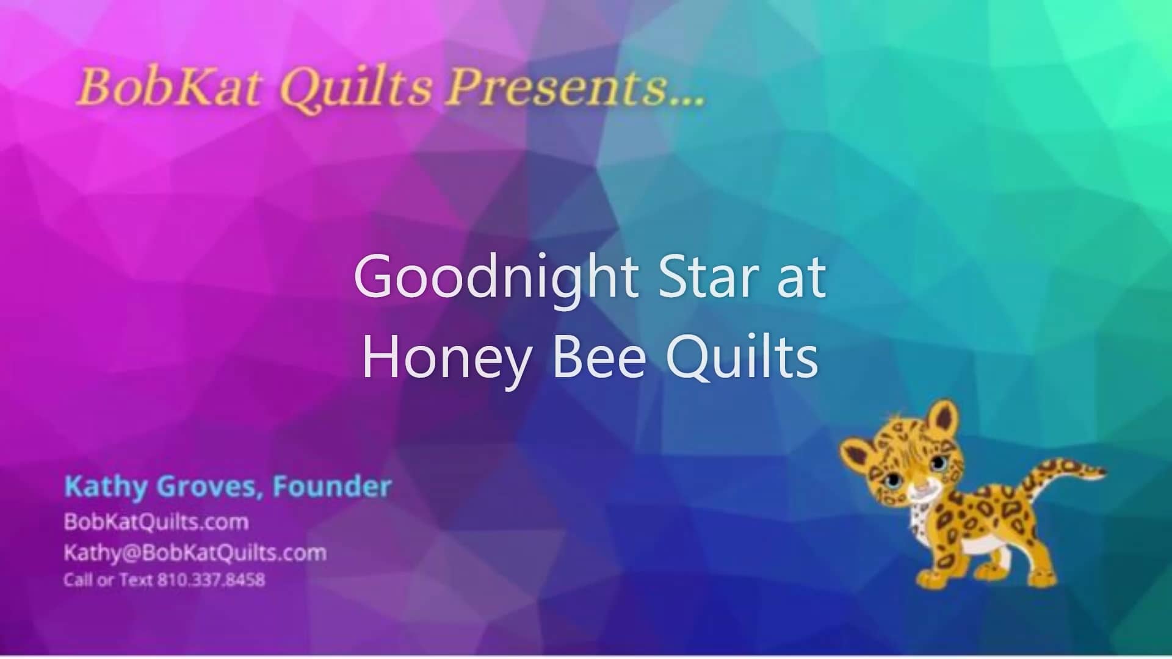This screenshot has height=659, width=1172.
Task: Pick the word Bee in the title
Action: tap(598, 358)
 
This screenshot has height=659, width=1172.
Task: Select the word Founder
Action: tap(332, 487)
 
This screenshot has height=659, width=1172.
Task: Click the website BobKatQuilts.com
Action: tap(156, 522)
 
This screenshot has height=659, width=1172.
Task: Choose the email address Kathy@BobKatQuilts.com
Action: tap(195, 553)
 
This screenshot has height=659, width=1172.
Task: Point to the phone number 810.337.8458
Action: tap(211, 580)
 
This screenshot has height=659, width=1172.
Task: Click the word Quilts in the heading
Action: tap(356, 87)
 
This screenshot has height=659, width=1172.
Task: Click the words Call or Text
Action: tap(108, 580)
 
